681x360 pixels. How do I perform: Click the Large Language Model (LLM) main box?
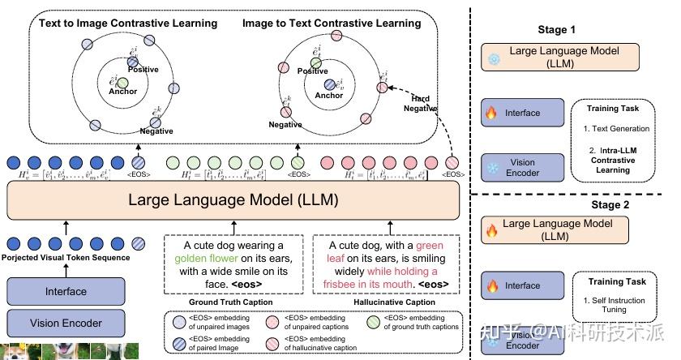click(235, 198)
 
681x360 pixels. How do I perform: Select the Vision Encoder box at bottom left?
click(66, 324)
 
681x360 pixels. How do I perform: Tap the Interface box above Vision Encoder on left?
click(66, 292)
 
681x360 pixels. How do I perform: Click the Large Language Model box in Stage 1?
click(559, 56)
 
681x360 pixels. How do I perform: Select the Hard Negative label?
click(420, 103)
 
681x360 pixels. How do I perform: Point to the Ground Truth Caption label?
click(230, 302)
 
